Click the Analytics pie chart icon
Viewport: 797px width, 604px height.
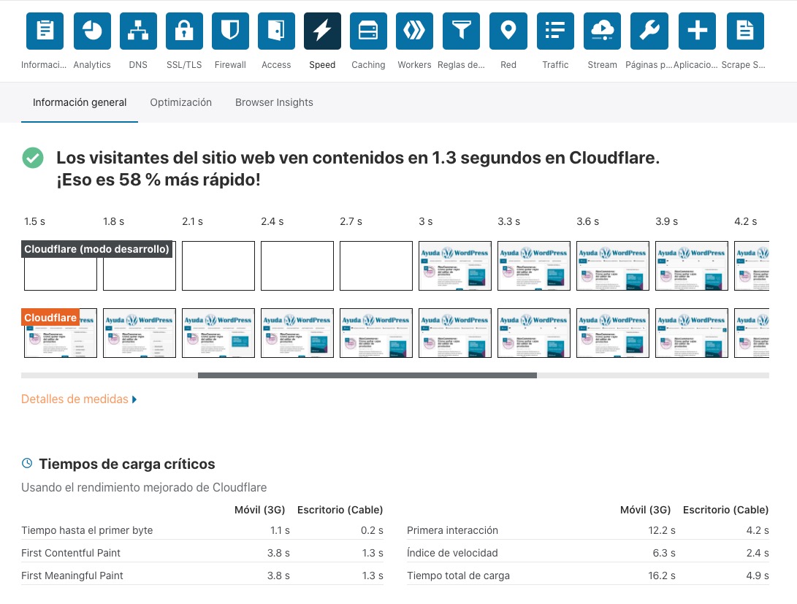tap(92, 31)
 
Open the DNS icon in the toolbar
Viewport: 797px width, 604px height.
tap(138, 31)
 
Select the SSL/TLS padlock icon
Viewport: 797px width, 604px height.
tap(184, 31)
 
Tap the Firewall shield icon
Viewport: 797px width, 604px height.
tap(230, 31)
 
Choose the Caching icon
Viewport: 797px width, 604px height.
tap(368, 31)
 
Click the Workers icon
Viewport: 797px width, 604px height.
tap(414, 31)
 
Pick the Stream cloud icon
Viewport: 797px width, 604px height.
tap(602, 31)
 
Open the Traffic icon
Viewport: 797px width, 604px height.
tap(555, 31)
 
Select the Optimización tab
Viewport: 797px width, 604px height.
tap(180, 102)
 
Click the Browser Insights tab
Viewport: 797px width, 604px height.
tap(274, 102)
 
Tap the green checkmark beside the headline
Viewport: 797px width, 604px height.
tap(32, 158)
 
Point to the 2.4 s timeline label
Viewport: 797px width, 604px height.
tap(272, 221)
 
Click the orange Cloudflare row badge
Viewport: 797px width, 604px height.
tap(50, 318)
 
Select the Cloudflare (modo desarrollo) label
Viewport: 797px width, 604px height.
tap(96, 249)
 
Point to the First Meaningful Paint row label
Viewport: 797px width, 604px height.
tap(72, 576)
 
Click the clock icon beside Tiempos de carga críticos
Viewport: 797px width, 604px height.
tap(27, 463)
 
